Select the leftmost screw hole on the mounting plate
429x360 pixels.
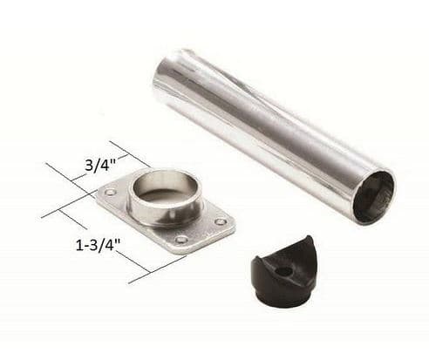click(111, 192)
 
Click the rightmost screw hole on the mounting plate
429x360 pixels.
click(221, 221)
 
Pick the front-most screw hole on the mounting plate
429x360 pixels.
click(180, 239)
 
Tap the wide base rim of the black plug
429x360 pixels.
click(281, 293)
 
